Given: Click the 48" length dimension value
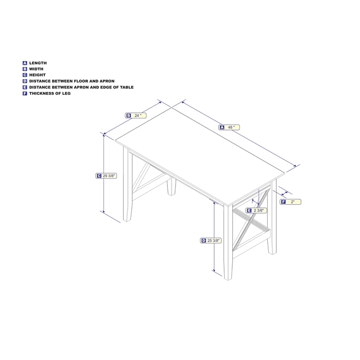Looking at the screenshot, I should point(231,127).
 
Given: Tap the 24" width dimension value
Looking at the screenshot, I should point(138,116).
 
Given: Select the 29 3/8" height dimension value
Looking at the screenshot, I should point(109,176).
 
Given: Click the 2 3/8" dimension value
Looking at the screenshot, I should point(260,210).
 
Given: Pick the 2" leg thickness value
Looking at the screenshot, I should point(293,202).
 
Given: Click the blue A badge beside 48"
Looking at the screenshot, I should point(222,127).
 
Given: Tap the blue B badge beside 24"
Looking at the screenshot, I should point(129,116).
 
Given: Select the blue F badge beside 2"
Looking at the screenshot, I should point(283,202).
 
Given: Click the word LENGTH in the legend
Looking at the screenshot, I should point(38,63).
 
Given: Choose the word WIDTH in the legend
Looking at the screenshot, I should point(36,69).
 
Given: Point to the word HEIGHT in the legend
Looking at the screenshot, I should point(37,75).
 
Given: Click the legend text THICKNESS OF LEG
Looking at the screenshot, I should point(50,93).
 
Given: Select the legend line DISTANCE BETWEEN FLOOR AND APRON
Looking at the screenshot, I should point(72,81).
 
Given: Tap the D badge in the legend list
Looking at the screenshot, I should point(25,81).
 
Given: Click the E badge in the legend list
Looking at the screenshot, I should point(25,87).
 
